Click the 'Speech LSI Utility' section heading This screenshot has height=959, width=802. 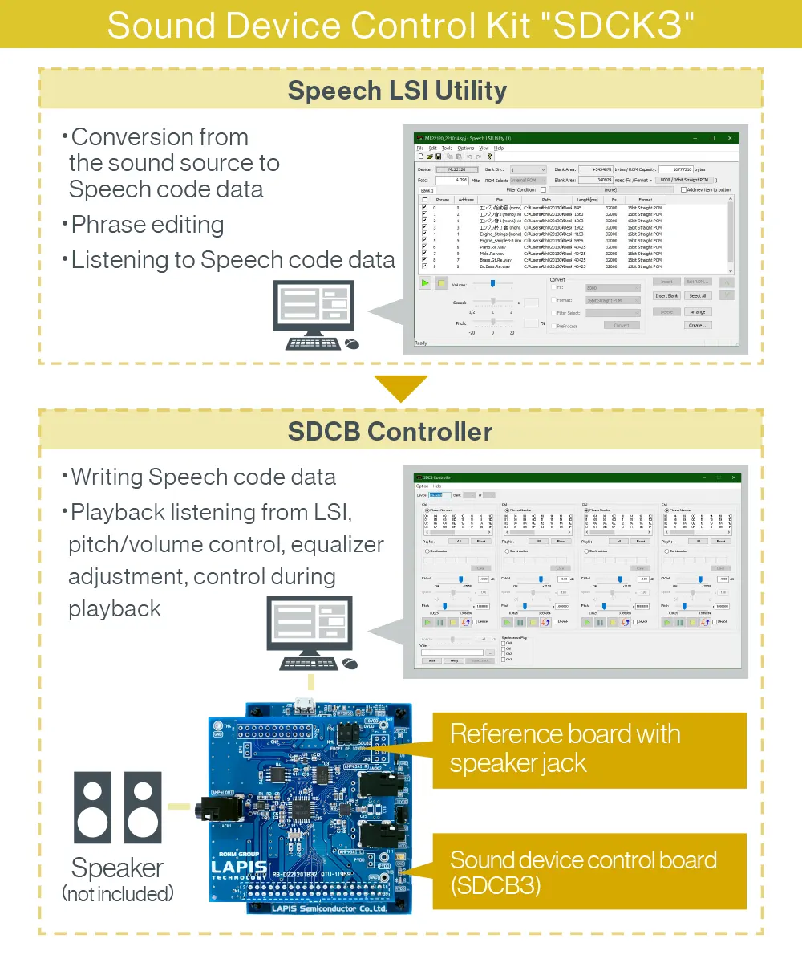[397, 90]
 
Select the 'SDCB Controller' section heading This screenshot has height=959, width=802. [390, 432]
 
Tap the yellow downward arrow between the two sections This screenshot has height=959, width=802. [400, 388]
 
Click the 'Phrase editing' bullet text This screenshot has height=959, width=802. [147, 225]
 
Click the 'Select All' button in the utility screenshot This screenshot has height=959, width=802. [698, 296]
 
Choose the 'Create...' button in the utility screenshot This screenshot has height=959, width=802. [698, 325]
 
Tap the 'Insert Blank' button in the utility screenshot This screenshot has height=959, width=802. [666, 296]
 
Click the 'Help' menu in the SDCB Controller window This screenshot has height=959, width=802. [437, 486]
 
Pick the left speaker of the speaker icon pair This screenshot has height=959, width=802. [92, 807]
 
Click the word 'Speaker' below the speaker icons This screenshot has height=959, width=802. [117, 868]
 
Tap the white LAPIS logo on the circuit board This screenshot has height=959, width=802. [238, 868]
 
